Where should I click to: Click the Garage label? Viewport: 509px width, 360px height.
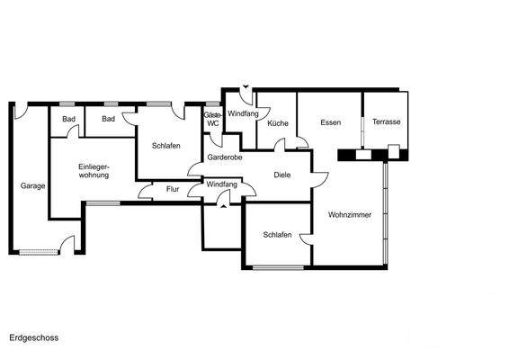pos(33,186)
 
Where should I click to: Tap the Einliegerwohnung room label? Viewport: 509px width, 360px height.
pos(94,171)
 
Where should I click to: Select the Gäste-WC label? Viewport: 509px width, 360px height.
pos(212,120)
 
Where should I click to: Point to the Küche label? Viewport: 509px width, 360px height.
pos(277,122)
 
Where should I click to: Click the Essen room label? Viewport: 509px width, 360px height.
pos(329,122)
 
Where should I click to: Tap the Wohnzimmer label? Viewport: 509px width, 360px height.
pos(350,215)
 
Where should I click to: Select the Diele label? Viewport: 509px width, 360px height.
pos(281,175)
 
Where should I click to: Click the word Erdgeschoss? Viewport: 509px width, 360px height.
pos(33,338)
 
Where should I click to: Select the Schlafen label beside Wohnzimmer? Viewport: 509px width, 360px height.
pos(277,235)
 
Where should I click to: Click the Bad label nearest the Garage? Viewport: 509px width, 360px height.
pos(68,119)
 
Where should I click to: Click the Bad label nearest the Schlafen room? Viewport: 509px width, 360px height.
pos(108,119)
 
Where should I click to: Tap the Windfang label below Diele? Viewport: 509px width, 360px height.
pos(221,184)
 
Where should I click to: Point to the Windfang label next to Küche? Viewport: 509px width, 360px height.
pos(242,113)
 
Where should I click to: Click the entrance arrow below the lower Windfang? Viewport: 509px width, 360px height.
pos(221,206)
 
